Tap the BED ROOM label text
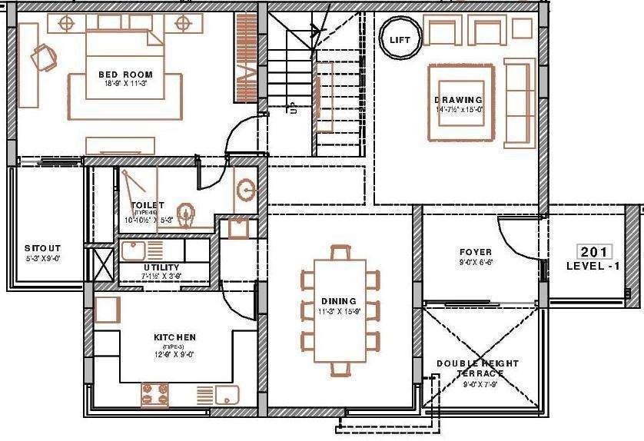click(x=122, y=75)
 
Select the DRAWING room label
click(x=458, y=100)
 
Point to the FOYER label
click(x=476, y=251)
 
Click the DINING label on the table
click(x=339, y=301)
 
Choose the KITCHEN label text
click(x=174, y=337)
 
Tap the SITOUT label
click(x=41, y=248)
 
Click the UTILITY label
click(x=161, y=267)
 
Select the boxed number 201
click(x=594, y=252)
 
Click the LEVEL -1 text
click(x=593, y=266)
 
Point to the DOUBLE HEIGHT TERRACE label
click(x=478, y=368)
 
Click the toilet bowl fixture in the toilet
click(x=186, y=212)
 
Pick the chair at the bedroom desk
click(x=45, y=55)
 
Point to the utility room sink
click(x=132, y=250)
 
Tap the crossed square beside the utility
click(x=101, y=263)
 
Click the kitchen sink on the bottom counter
click(x=226, y=396)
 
